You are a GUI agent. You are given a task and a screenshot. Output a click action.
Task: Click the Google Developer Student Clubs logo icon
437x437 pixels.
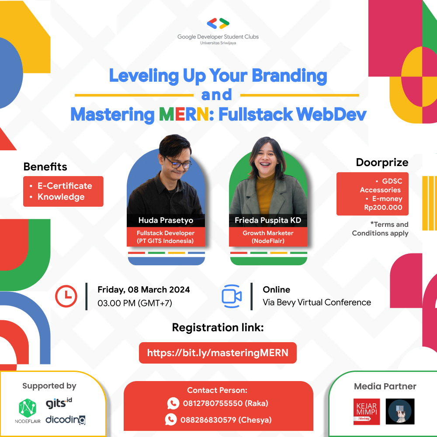click(218, 24)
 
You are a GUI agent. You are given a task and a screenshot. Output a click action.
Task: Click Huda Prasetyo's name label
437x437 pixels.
click(166, 220)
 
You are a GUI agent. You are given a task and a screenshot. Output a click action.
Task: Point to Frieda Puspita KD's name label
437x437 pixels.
click(268, 220)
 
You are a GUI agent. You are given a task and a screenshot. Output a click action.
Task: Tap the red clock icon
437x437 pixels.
click(66, 296)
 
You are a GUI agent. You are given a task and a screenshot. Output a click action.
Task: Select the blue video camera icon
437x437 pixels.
click(232, 296)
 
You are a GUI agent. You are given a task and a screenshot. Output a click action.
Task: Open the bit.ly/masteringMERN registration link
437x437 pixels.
click(218, 353)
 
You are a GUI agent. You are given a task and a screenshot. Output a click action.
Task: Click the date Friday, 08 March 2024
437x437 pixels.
click(144, 289)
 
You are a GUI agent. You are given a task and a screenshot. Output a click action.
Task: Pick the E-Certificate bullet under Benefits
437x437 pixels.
click(64, 186)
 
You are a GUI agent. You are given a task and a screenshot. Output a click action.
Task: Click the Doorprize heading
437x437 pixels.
click(382, 163)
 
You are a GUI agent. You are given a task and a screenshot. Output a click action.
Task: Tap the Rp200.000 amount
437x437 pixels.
click(383, 208)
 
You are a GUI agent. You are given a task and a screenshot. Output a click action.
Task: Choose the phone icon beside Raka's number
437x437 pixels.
click(173, 403)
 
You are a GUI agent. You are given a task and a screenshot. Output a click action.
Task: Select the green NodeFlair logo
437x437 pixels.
click(28, 409)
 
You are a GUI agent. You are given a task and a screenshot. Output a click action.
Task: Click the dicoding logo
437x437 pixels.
click(66, 419)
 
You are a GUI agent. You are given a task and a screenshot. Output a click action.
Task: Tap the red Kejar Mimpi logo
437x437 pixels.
click(367, 411)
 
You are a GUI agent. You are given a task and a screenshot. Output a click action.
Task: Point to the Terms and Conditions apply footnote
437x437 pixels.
click(380, 229)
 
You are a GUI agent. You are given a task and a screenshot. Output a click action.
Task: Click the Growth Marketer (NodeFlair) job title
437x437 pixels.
click(268, 237)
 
